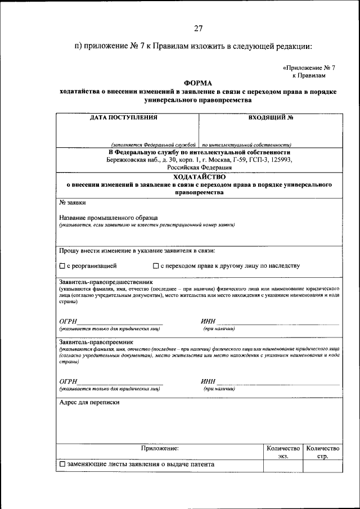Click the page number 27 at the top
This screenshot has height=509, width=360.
(198, 28)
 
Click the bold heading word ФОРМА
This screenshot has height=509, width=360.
(198, 83)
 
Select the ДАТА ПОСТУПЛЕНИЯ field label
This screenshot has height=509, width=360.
(124, 118)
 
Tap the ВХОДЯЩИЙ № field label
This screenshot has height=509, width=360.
(271, 118)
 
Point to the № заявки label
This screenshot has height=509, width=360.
(73, 202)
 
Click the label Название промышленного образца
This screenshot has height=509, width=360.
(108, 218)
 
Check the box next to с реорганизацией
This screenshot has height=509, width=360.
(62, 266)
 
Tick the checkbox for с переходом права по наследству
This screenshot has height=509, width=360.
(156, 266)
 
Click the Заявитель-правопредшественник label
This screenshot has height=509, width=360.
(105, 281)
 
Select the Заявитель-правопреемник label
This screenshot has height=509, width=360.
(97, 342)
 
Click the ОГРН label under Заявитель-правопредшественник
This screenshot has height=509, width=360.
(68, 321)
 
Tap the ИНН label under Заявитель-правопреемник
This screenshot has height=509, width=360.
(208, 381)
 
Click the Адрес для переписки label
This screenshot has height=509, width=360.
(89, 402)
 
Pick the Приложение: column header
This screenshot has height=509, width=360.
(159, 448)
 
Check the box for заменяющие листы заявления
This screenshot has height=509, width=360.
(62, 465)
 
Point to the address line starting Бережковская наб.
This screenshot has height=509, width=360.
(199, 160)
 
